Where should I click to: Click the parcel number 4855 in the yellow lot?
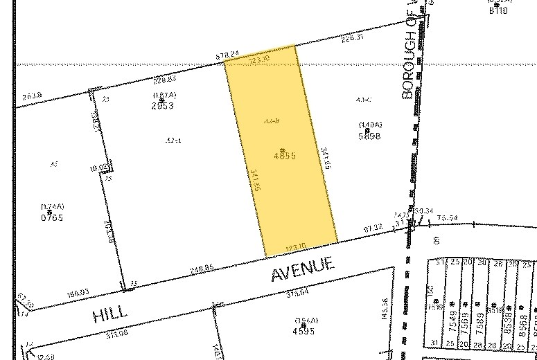(285, 156)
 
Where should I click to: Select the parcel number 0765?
(52, 217)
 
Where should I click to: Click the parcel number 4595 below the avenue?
(303, 330)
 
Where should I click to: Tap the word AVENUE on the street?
(302, 269)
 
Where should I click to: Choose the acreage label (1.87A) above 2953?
(161, 95)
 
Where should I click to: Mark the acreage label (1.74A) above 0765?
(52, 207)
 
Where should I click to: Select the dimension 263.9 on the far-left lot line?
(33, 95)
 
